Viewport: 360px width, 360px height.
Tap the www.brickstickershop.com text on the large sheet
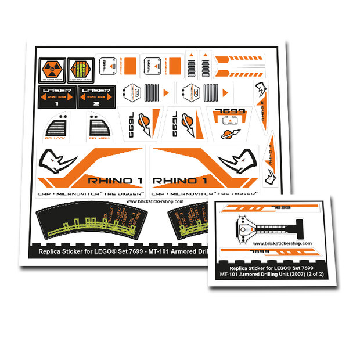154,201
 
